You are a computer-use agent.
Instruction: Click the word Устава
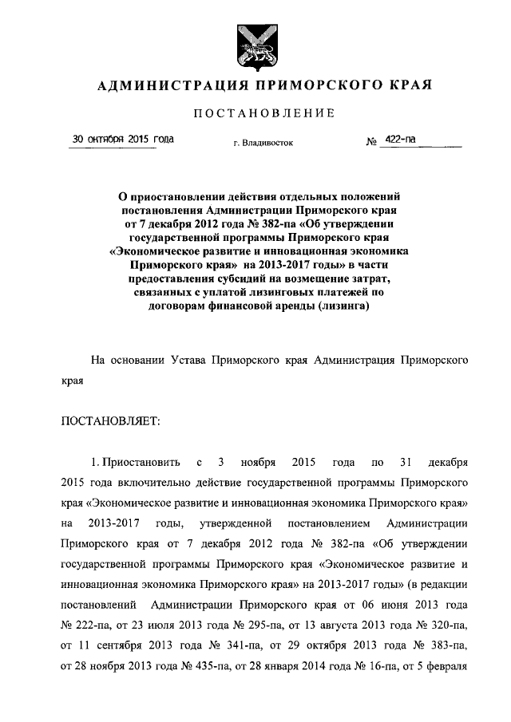coord(189,360)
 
